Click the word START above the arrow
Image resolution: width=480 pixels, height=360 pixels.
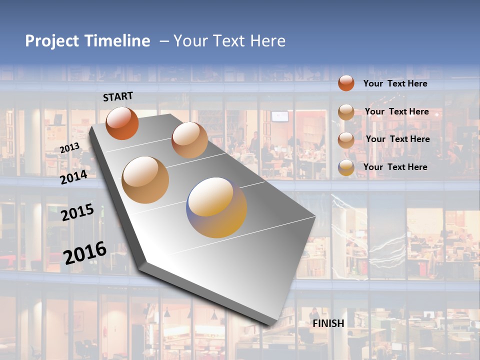click(x=118, y=96)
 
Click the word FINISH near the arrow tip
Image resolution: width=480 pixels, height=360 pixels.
click(x=328, y=323)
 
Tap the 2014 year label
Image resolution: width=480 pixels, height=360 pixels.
click(x=73, y=177)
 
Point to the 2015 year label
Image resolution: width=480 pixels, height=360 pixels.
click(x=77, y=212)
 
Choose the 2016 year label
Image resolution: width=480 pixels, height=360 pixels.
click(x=85, y=252)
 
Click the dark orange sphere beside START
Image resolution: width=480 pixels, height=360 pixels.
click(x=122, y=123)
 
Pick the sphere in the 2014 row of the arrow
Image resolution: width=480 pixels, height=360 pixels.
click(x=145, y=180)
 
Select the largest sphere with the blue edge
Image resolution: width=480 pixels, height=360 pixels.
click(x=216, y=207)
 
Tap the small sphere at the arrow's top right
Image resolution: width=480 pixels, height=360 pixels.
click(x=189, y=140)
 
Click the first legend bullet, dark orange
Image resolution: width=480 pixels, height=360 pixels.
click(x=346, y=83)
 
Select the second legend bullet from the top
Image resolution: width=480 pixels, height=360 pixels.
click(x=346, y=112)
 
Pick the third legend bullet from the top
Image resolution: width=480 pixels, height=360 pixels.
click(x=346, y=139)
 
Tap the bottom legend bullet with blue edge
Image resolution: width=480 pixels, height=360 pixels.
click(x=346, y=167)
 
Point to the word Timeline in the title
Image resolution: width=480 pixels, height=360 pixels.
click(x=118, y=41)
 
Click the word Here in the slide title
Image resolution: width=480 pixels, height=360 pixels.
click(x=268, y=41)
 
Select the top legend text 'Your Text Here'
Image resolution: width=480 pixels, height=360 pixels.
click(x=395, y=83)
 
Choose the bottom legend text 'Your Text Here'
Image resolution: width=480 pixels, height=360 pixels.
click(x=395, y=167)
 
